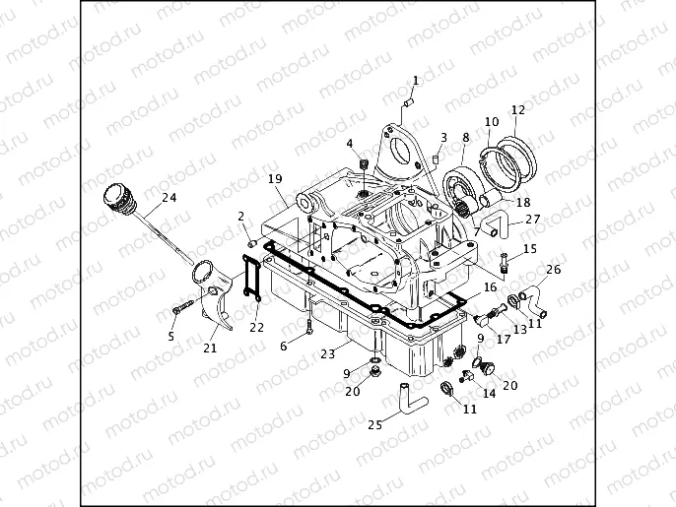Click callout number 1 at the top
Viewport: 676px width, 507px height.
pos(415,80)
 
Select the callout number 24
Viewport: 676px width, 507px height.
pos(169,198)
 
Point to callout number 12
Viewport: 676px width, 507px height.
pos(517,109)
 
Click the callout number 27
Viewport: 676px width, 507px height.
pos(532,219)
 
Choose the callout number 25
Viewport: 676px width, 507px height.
pos(374,425)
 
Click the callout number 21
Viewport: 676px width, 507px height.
pos(210,347)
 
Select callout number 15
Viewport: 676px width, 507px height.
pos(531,249)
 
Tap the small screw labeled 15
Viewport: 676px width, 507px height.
pos(505,263)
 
